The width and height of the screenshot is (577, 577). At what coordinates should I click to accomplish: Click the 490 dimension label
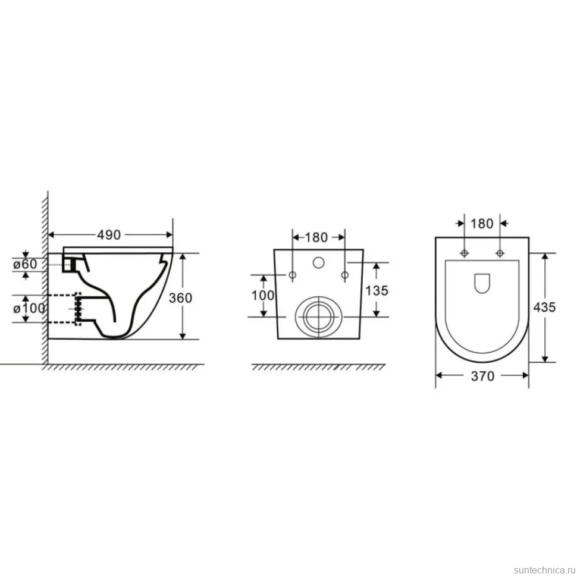[109, 235]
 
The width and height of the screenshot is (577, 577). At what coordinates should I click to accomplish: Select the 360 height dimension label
[180, 297]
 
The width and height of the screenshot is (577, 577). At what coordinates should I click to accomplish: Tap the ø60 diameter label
[25, 264]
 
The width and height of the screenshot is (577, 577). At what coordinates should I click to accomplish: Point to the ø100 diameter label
[29, 308]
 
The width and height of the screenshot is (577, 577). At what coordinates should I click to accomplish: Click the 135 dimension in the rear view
[377, 290]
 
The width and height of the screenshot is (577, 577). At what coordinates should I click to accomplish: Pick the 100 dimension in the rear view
[263, 295]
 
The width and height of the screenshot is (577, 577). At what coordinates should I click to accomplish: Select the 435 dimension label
[544, 307]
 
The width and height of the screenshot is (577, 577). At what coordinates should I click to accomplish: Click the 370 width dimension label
[483, 376]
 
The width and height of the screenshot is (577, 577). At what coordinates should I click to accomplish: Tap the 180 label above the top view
[482, 224]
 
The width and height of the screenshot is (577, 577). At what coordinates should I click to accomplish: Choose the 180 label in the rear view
[316, 237]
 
